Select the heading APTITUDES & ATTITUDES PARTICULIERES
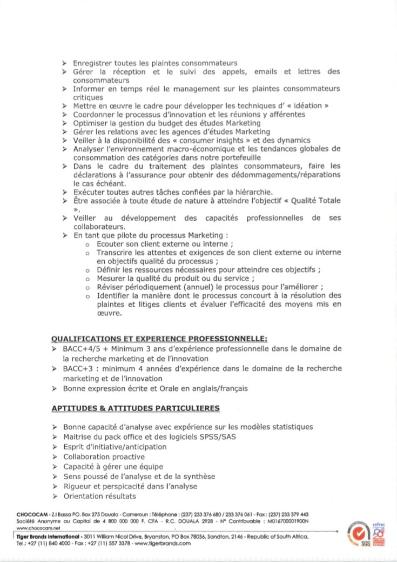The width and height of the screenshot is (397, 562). (135, 407)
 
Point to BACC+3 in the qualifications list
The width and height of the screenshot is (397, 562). (77, 368)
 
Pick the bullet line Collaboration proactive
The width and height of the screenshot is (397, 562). (104, 457)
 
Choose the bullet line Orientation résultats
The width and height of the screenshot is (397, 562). (99, 496)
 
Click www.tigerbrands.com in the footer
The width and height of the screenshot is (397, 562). (163, 544)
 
